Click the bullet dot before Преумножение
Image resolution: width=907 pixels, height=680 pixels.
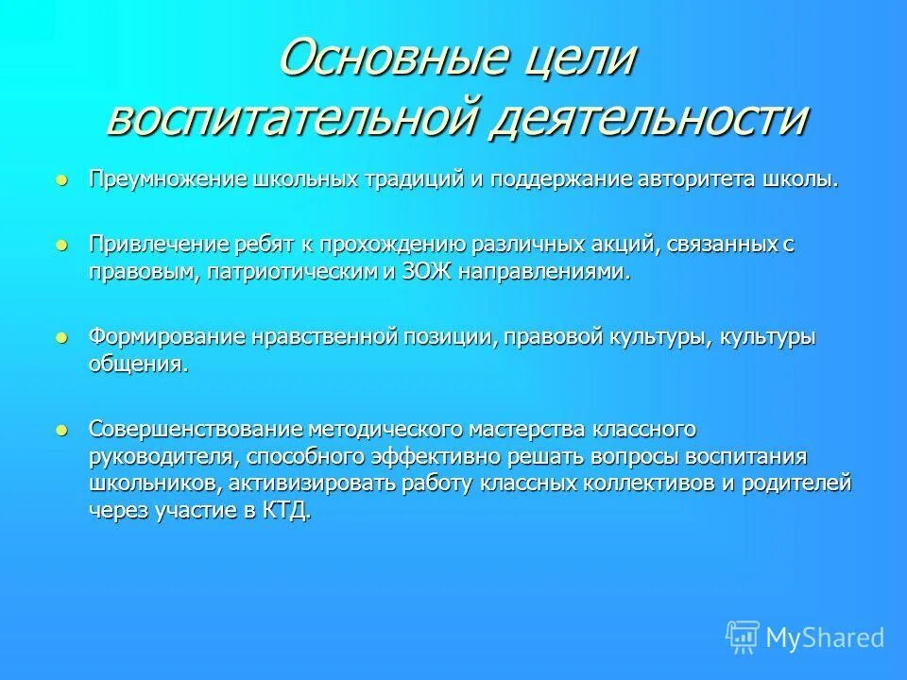[x=62, y=179]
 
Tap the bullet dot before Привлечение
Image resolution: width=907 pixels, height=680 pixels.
[x=62, y=245]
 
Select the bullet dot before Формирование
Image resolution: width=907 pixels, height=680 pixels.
[x=62, y=336]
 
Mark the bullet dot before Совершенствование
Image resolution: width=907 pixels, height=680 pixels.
[x=62, y=429]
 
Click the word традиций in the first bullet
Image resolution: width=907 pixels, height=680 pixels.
[x=436, y=179]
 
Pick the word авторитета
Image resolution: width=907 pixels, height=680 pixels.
[x=689, y=179]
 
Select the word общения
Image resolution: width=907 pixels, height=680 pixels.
[x=138, y=365]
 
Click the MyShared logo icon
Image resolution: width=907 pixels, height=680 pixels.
[x=742, y=637]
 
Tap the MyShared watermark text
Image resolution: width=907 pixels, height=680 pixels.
[x=825, y=638]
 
